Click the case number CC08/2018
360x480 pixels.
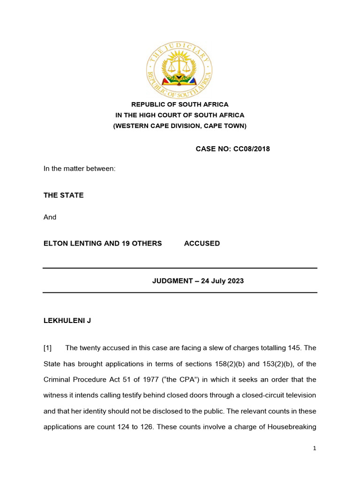click(x=252, y=149)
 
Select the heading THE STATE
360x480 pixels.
click(x=64, y=195)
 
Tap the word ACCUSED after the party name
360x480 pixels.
click(x=202, y=243)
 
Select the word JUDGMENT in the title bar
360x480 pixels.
click(x=172, y=281)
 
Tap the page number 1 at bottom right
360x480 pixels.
click(x=315, y=449)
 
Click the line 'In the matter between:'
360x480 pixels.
click(x=79, y=168)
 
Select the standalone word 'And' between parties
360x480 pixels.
click(x=50, y=217)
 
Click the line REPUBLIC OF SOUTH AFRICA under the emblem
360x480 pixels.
click(x=180, y=105)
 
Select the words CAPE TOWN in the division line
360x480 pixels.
click(x=226, y=126)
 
